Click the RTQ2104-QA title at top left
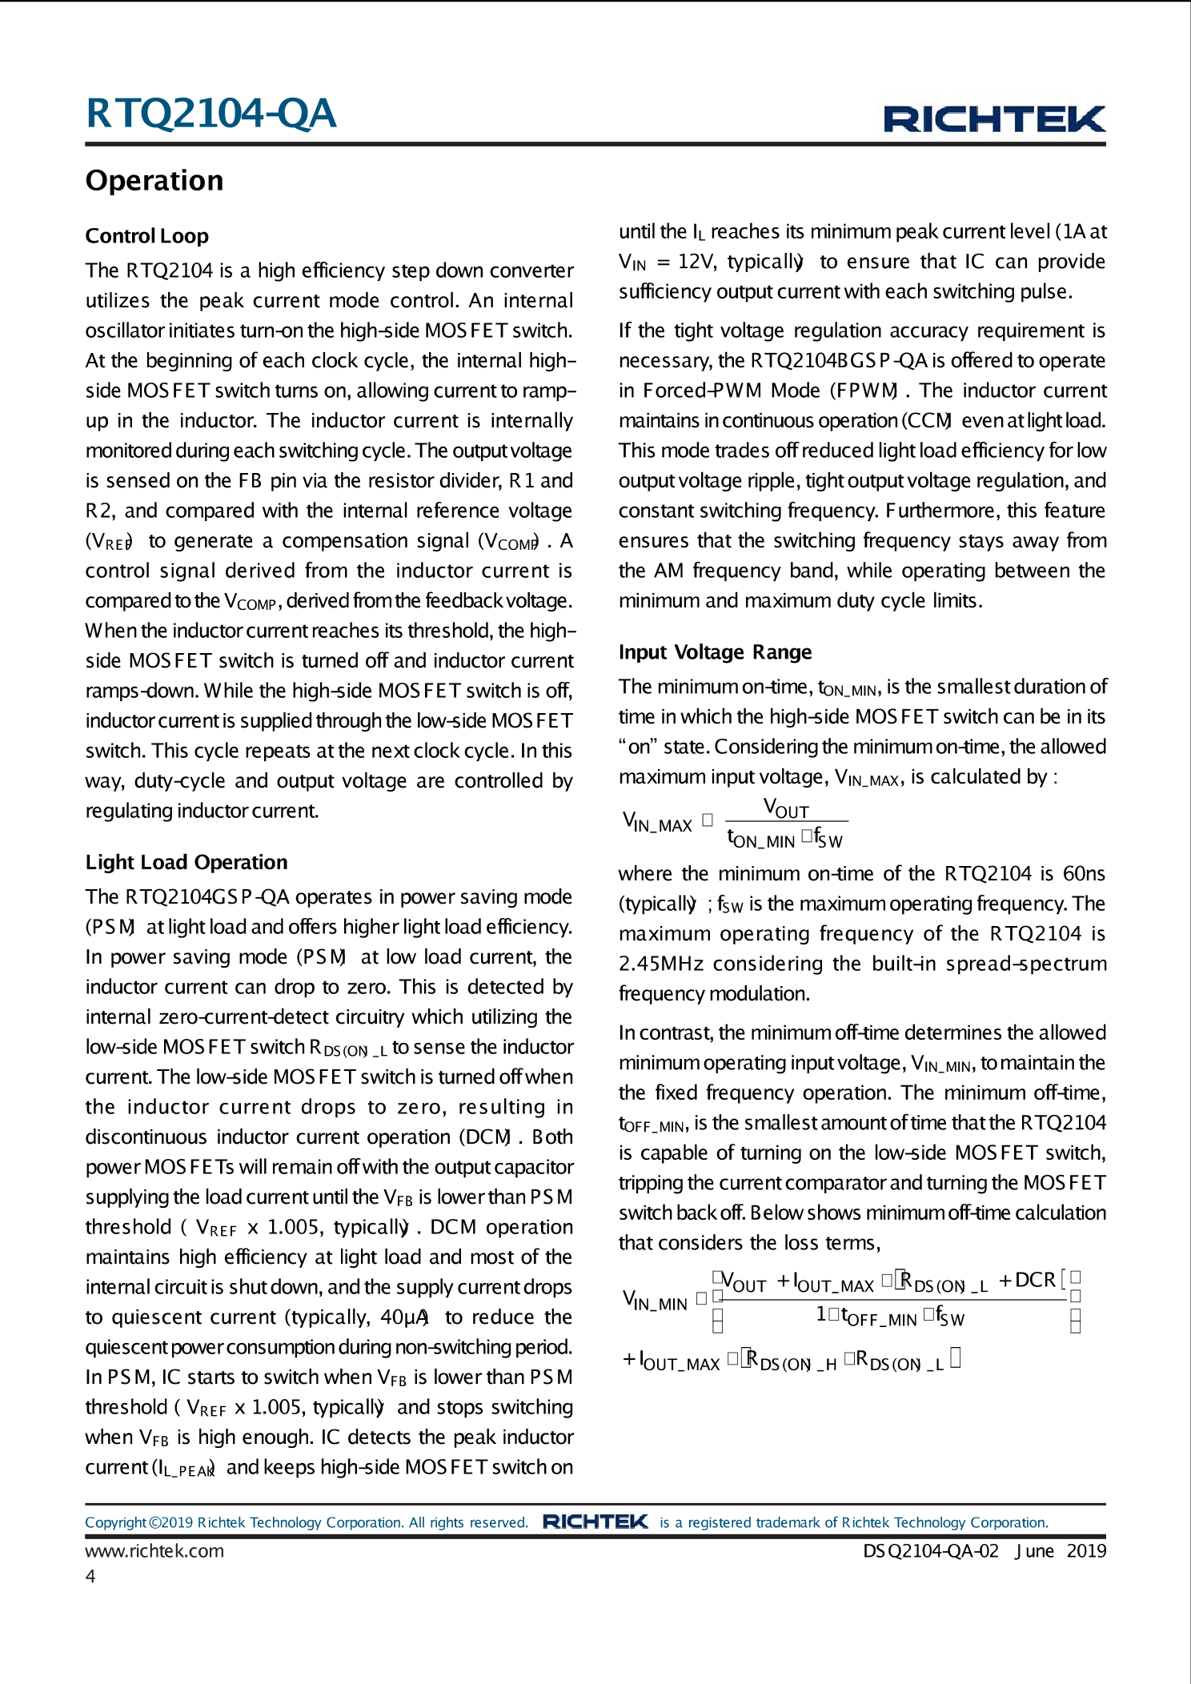pyautogui.click(x=211, y=114)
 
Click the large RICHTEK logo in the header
pyautogui.click(x=994, y=119)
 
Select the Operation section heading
pyautogui.click(x=154, y=181)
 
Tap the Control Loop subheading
pyautogui.click(x=147, y=236)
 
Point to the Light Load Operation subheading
pyautogui.click(x=186, y=863)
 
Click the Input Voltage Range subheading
pyautogui.click(x=715, y=652)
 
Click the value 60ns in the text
pyautogui.click(x=1084, y=873)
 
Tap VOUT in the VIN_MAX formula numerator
pyautogui.click(x=786, y=808)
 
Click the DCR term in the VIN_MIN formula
pyautogui.click(x=1035, y=1281)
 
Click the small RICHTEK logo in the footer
pyautogui.click(x=595, y=1522)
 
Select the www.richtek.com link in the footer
pyautogui.click(x=154, y=1551)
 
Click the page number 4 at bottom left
pyautogui.click(x=90, y=1577)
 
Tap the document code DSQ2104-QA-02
pyautogui.click(x=930, y=1551)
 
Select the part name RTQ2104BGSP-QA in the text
pyautogui.click(x=839, y=361)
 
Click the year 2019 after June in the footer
pyautogui.click(x=1086, y=1551)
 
